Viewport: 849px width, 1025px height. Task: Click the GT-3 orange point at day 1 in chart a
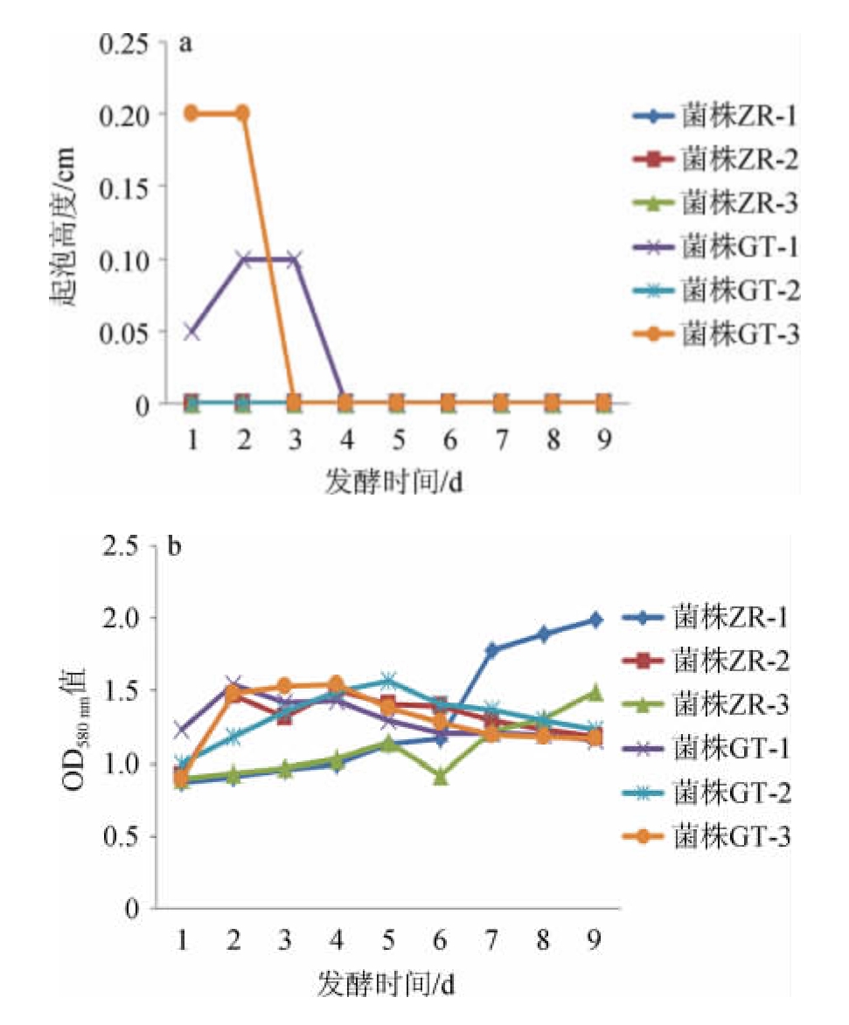tap(191, 113)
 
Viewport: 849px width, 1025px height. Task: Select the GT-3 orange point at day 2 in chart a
tap(242, 113)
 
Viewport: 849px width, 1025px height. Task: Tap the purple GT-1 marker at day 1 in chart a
tap(191, 331)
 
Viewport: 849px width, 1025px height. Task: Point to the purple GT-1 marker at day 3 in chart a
tap(294, 259)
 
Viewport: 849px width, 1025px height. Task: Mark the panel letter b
tap(175, 550)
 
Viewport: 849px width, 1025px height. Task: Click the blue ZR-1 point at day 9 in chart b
tap(595, 620)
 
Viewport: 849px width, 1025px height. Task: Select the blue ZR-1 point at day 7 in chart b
tap(492, 649)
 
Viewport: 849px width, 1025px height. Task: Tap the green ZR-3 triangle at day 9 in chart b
tap(595, 692)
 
